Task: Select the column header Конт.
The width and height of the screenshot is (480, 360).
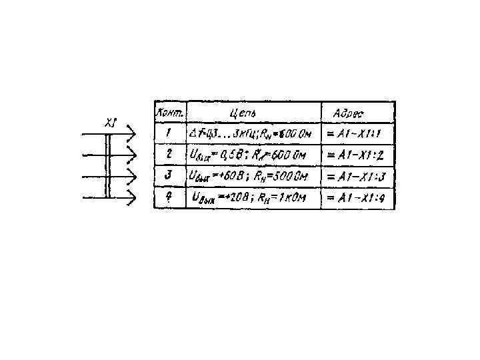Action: [171, 112]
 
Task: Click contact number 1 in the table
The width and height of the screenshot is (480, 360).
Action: [169, 133]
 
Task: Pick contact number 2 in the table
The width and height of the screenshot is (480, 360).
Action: [169, 155]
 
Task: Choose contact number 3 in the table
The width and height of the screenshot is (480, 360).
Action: [169, 176]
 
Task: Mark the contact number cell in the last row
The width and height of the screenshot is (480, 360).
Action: [169, 197]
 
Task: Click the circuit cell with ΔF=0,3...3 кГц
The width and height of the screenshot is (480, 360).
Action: [253, 133]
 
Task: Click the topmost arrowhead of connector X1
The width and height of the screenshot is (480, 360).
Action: [132, 135]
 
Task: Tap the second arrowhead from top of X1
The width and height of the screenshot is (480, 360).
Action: [132, 156]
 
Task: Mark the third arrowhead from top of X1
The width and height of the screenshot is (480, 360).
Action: [132, 177]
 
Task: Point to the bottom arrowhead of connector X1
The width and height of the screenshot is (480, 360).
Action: [132, 198]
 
